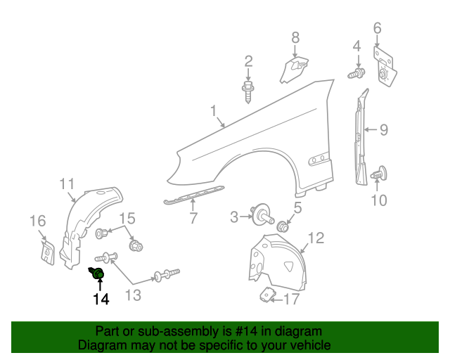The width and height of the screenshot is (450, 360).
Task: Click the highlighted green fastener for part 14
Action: click(x=98, y=273)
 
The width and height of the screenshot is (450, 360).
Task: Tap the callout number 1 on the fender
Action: click(x=212, y=111)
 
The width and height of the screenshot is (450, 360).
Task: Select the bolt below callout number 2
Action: click(x=248, y=91)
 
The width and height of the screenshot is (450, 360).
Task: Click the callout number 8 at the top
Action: click(x=295, y=37)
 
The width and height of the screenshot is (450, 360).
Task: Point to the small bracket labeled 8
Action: click(x=295, y=70)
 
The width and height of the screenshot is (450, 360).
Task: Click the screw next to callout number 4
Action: click(x=356, y=72)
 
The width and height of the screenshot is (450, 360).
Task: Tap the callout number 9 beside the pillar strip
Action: click(x=384, y=129)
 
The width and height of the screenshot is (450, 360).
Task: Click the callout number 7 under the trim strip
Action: click(x=193, y=219)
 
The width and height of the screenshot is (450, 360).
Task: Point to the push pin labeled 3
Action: click(x=263, y=214)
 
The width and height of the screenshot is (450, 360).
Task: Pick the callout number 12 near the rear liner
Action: click(x=316, y=238)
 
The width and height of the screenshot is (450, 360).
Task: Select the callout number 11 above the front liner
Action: click(x=67, y=184)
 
